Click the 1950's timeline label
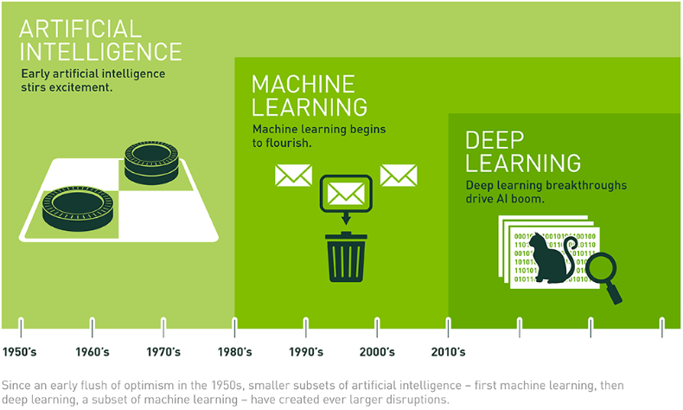click(x=20, y=352)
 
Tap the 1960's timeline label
click(x=92, y=352)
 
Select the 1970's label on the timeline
click(x=163, y=352)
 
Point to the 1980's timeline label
click(x=234, y=352)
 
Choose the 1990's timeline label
click(x=305, y=352)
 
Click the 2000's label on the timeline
click(x=377, y=352)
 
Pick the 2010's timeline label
click(x=448, y=352)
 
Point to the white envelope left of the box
click(x=293, y=175)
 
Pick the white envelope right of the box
click(x=399, y=175)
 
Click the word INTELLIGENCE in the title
click(x=100, y=50)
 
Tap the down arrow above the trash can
click(x=346, y=218)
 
